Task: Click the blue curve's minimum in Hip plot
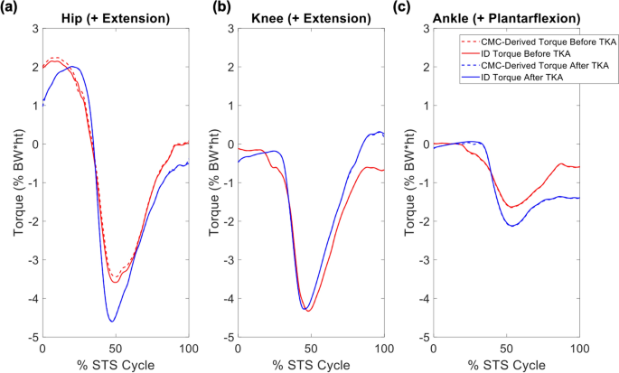[112, 321]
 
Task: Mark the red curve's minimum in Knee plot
[309, 311]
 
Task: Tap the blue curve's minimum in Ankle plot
[513, 226]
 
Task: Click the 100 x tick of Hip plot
[188, 347]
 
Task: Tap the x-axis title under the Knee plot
[310, 363]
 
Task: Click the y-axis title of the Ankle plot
[409, 182]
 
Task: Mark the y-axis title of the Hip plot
[18, 182]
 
